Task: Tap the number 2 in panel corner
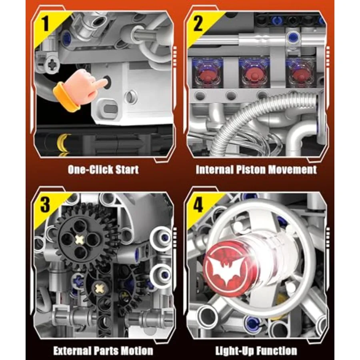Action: pos(198,24)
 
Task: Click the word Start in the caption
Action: pos(127,170)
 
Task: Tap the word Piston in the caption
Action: pos(249,170)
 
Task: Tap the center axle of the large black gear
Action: pos(80,240)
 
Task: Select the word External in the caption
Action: pos(72,351)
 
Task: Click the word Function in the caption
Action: pos(277,351)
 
